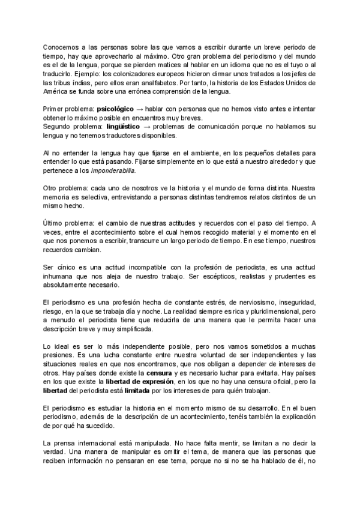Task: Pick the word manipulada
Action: tap(130, 442)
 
